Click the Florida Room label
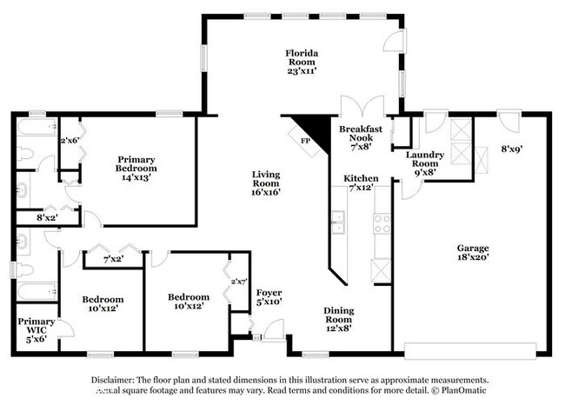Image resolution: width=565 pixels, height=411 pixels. click(x=302, y=58)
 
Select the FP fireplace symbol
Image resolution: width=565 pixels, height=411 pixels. click(x=306, y=140)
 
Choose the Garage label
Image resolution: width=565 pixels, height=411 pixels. click(x=472, y=247)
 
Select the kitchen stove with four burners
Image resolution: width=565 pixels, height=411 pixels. click(x=380, y=223)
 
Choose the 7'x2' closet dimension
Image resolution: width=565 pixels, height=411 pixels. click(x=111, y=260)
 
